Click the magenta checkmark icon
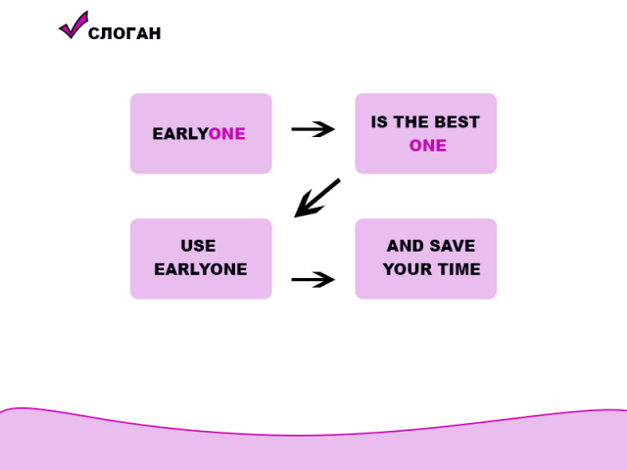tap(73, 25)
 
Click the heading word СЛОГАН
tap(124, 34)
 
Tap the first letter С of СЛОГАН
tap(94, 34)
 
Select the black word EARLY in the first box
tap(179, 134)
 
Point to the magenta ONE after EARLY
tap(227, 134)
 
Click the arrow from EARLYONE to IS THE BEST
tap(313, 129)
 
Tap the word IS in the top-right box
tap(379, 122)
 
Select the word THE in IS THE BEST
tap(411, 122)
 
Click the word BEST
tap(458, 122)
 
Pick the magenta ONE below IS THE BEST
tap(427, 146)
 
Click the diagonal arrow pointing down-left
tap(317, 198)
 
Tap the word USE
tap(198, 246)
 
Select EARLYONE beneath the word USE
tap(201, 269)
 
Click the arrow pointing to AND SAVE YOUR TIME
tap(313, 279)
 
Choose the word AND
tap(404, 246)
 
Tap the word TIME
tap(458, 269)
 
